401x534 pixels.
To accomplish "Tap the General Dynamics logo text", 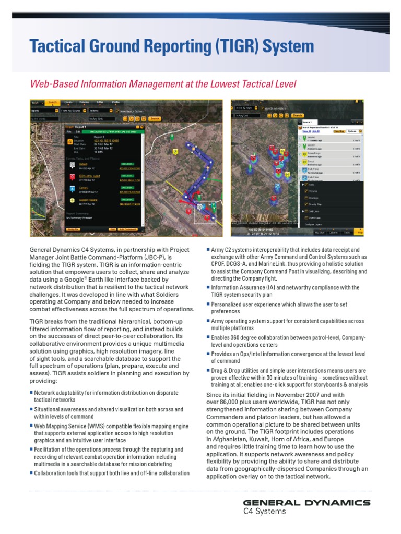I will (307, 503).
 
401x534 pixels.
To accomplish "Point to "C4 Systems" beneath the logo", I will (265, 512).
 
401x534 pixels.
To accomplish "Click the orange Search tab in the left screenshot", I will (52, 102).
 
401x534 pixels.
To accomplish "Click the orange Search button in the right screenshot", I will (297, 115).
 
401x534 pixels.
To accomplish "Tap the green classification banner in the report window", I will (109, 132).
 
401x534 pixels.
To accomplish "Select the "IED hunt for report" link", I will (89, 176).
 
